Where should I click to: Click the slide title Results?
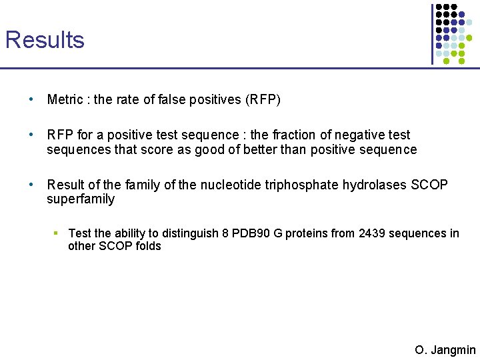45,40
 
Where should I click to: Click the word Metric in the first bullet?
65,100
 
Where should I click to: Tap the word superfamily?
81,199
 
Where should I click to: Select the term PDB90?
261,233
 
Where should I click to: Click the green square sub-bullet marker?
57,233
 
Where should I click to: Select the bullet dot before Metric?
31,99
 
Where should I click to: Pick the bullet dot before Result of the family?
31,184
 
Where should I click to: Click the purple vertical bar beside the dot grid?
431,33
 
